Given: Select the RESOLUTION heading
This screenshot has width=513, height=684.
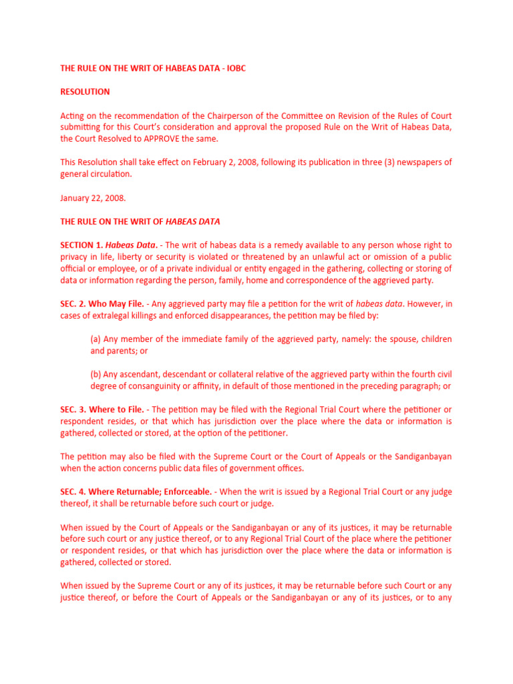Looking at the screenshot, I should pyautogui.click(x=85, y=92).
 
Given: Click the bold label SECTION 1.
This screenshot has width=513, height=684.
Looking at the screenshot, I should pyautogui.click(x=83, y=245).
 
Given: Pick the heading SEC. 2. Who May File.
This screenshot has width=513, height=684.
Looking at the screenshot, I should pyautogui.click(x=102, y=304).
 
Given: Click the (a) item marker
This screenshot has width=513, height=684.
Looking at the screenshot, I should pyautogui.click(x=96, y=339).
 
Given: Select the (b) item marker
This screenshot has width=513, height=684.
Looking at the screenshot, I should pyautogui.click(x=96, y=375).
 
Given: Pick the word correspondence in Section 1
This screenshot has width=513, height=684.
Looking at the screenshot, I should pyautogui.click(x=324, y=281).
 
